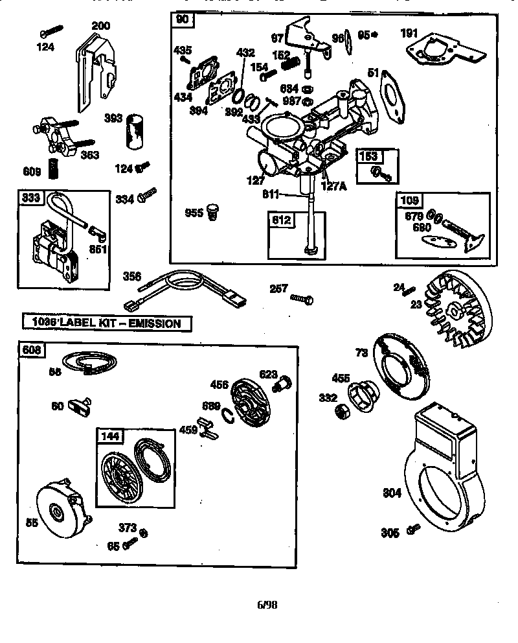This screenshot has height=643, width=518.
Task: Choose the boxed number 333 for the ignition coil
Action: pos(30,198)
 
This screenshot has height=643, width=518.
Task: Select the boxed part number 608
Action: pos(30,351)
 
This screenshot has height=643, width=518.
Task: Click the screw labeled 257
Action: pos(302,299)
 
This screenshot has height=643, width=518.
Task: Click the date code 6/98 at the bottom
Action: pos(267,605)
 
